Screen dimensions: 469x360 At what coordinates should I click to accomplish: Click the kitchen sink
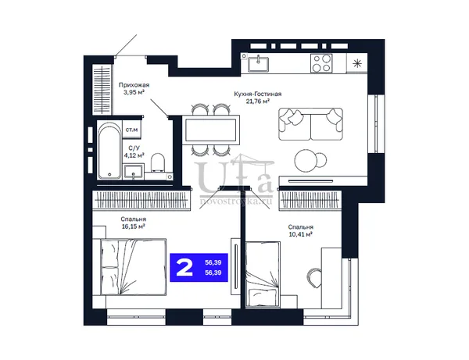coord(258,64)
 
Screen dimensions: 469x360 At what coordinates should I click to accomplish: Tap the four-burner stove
coord(321,63)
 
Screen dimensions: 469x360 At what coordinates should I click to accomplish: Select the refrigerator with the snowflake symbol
coord(356,63)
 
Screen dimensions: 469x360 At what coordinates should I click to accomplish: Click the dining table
coord(213,130)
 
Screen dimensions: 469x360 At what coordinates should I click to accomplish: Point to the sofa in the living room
coord(310,124)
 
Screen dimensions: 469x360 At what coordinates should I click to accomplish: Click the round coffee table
coord(306,160)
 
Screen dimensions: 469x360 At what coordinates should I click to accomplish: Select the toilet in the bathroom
coord(158,163)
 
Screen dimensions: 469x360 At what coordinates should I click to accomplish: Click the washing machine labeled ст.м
coord(131,130)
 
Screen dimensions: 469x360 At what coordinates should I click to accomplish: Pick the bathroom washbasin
coord(134,172)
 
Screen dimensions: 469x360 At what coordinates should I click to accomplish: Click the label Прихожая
coord(134,85)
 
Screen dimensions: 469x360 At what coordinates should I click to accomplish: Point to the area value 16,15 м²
coord(134,226)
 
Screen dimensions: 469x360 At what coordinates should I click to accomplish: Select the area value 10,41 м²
coord(301,234)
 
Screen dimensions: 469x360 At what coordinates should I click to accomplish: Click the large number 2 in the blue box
coord(184,267)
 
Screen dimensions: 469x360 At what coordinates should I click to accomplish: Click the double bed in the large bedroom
coord(129,267)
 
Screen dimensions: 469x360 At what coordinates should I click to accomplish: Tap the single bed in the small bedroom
coord(263,274)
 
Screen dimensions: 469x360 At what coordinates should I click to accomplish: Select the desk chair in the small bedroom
coord(314,278)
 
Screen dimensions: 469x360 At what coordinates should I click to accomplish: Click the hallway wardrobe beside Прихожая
coord(102,90)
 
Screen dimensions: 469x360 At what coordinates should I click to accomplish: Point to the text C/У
coord(134,148)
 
